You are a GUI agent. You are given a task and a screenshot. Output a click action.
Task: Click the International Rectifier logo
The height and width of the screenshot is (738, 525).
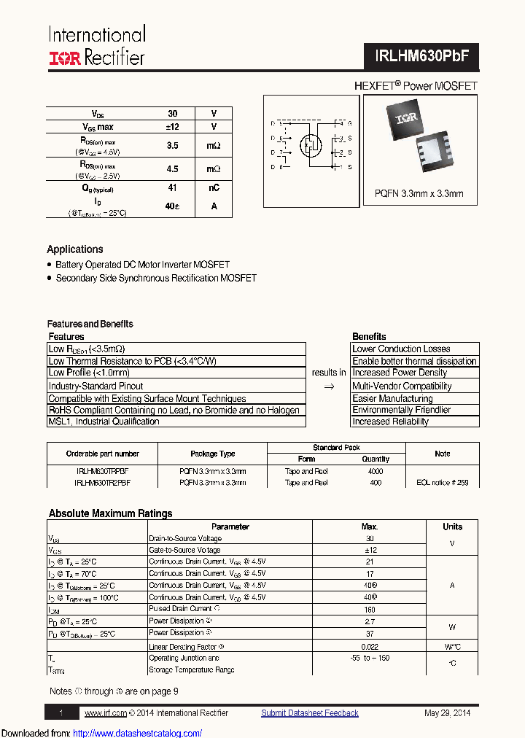click(x=96, y=47)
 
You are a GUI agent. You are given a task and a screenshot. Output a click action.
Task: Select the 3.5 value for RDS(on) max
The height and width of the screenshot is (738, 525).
click(x=172, y=146)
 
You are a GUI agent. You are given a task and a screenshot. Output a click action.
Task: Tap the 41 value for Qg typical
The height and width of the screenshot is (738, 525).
click(x=172, y=187)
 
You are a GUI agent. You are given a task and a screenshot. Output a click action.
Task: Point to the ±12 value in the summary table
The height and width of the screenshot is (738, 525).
click(x=172, y=127)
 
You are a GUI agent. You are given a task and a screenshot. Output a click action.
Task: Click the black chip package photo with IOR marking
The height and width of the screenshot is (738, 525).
click(x=405, y=117)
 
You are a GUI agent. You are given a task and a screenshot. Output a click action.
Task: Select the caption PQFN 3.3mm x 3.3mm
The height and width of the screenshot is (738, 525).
click(x=419, y=194)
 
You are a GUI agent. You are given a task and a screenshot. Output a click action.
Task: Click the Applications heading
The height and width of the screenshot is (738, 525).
click(x=75, y=249)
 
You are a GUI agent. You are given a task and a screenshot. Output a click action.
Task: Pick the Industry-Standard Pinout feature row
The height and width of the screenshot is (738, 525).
click(x=96, y=386)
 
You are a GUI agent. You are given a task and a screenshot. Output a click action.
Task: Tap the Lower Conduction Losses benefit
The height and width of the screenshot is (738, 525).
click(x=401, y=349)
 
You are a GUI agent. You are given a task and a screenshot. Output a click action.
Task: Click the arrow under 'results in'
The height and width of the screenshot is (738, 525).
click(x=328, y=387)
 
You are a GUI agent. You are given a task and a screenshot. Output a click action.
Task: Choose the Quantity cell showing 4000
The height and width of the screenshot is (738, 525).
click(x=376, y=471)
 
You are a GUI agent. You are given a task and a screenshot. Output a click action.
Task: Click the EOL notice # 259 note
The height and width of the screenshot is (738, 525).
click(x=442, y=483)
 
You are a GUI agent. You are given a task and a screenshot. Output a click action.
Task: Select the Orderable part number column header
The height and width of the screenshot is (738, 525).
click(x=102, y=454)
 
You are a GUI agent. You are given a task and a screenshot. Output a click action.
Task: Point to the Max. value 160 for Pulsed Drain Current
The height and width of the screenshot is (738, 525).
click(x=370, y=609)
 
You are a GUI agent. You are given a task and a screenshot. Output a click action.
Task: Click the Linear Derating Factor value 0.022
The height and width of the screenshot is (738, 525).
click(x=370, y=646)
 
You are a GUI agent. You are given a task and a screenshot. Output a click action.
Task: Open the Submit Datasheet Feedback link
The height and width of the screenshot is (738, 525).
click(x=310, y=713)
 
